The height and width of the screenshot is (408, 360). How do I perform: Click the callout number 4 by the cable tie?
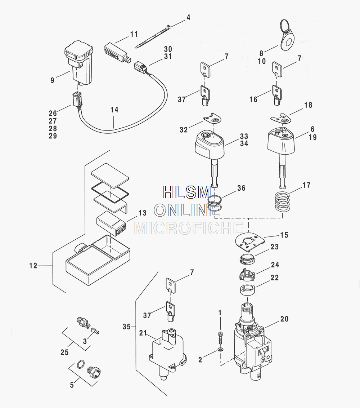pos(188,17)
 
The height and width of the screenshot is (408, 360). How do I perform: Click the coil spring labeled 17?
pos(282,203)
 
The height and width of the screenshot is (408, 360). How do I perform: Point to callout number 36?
pos(241,188)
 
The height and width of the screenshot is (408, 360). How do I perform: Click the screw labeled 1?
pos(220,337)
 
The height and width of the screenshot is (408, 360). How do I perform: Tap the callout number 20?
pos(284,319)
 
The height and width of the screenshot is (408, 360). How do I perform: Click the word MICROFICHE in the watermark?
pos(189,228)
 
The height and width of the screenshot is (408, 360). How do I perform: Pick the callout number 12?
pos(33,266)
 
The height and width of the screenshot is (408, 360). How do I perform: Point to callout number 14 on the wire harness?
pos(114,110)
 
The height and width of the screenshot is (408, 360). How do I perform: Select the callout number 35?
pos(126,327)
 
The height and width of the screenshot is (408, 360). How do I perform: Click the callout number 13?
pos(142,213)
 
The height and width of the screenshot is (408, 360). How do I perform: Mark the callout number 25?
pos(64,352)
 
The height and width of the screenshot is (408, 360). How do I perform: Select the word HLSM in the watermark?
pos(186,192)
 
